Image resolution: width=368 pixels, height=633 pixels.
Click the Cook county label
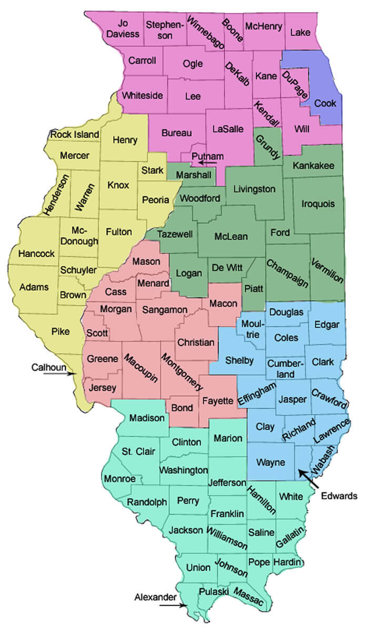(325, 103)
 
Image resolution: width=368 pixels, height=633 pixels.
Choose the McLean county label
(231, 237)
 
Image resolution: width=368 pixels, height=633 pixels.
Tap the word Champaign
(287, 274)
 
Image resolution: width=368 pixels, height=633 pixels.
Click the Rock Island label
(75, 135)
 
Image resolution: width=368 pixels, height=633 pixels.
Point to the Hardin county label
(287, 561)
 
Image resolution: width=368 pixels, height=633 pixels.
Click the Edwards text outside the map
(340, 496)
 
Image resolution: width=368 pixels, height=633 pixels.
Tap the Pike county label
(60, 331)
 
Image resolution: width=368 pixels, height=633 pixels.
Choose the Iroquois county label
(319, 204)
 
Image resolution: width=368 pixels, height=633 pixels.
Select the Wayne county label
(271, 463)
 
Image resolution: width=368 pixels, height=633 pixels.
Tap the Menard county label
(153, 284)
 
